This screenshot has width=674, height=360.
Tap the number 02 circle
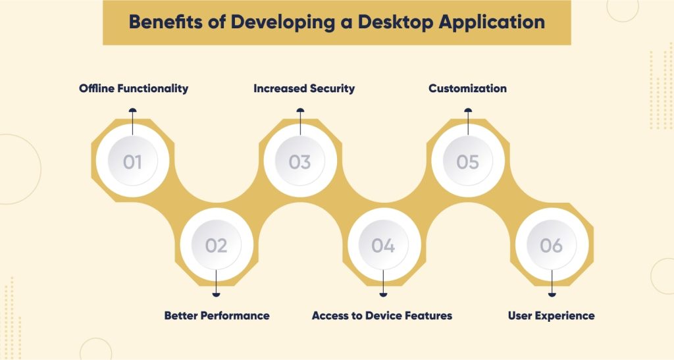pos(216,245)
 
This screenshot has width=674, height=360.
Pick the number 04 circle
pos(383,245)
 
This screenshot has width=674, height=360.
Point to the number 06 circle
pos(551,245)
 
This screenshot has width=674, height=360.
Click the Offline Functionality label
pos(134,88)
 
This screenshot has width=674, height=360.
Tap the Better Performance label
pos(217,315)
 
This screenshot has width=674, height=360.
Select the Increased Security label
pos(304,88)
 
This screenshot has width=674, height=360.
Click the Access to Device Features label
pos(382,315)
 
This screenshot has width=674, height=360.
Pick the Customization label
pos(467,88)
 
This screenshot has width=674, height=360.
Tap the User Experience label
pos(551,315)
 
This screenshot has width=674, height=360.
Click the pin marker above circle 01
pos(132,111)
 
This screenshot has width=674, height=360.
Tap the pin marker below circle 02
pos(216,294)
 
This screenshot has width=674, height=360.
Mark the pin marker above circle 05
pos(468,111)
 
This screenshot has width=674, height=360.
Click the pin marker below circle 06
pos(552,294)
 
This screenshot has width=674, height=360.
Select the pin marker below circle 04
pos(383,294)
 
